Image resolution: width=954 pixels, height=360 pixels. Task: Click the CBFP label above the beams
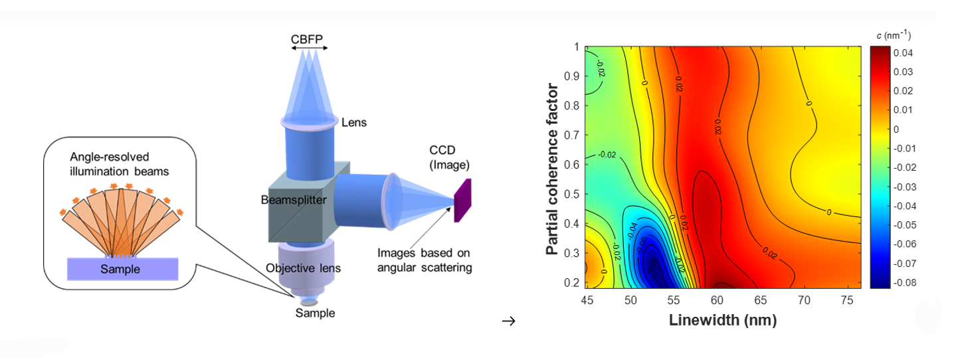(x=306, y=39)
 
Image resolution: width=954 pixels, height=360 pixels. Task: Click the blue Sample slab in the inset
(x=122, y=269)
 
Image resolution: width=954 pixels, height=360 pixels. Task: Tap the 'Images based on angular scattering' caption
(x=425, y=260)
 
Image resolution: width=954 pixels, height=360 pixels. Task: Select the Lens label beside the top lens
(x=353, y=122)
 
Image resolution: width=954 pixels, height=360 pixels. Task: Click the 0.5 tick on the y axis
(x=573, y=194)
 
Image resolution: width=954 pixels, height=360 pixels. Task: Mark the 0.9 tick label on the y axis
(x=573, y=76)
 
